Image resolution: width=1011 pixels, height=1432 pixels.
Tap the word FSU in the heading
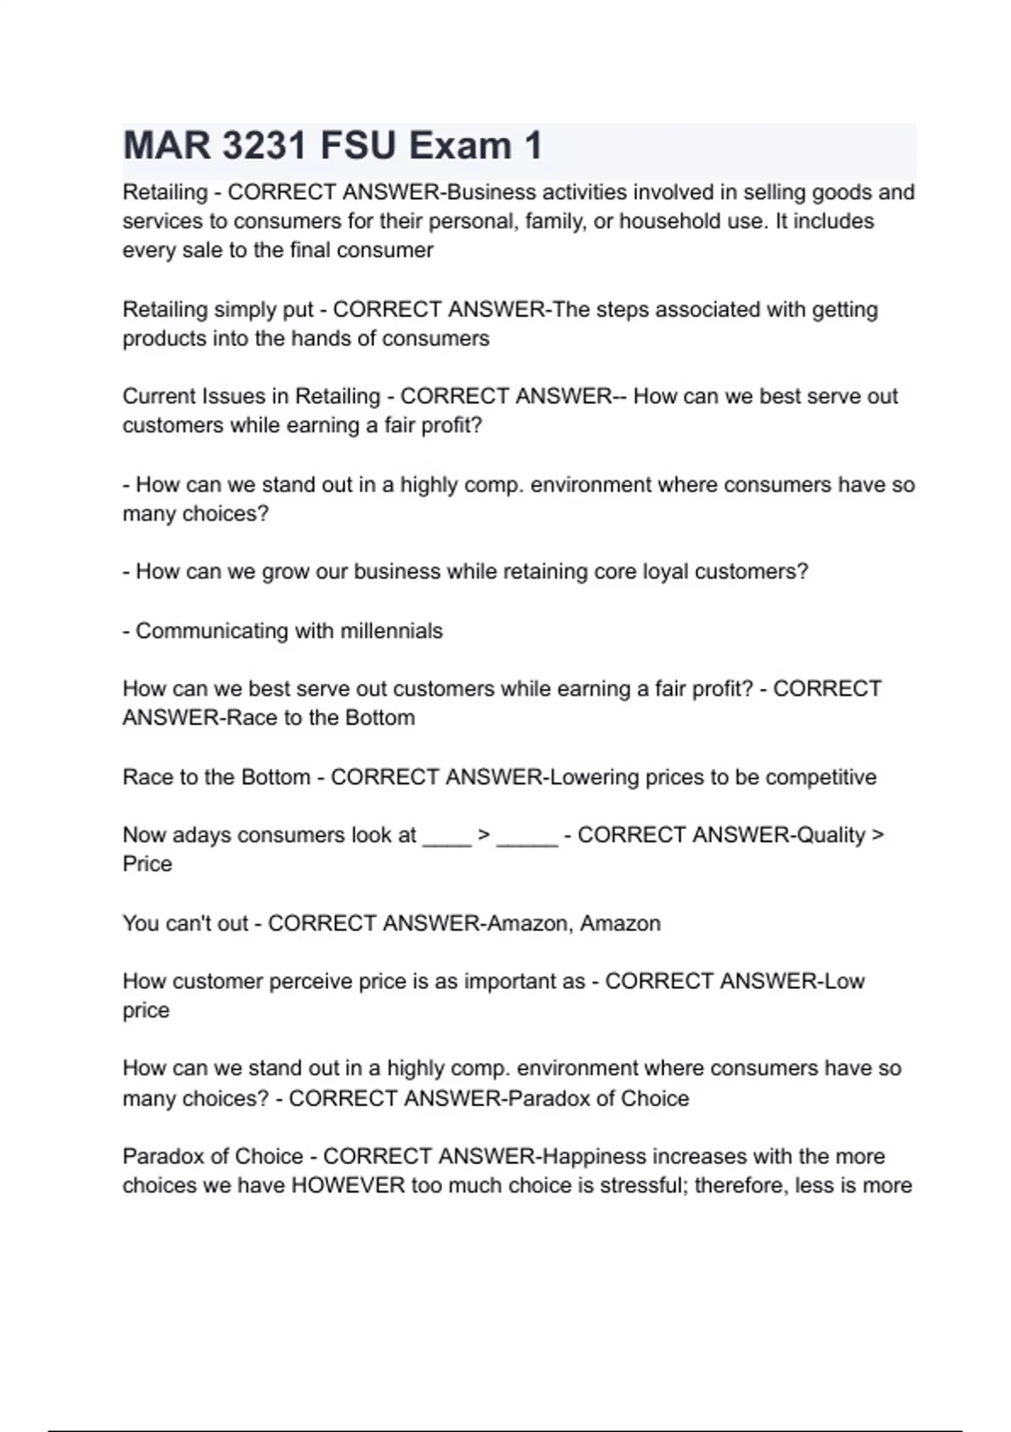(358, 146)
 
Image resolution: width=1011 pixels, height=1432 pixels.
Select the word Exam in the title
(460, 146)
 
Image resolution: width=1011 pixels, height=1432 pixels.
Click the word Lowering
(594, 777)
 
